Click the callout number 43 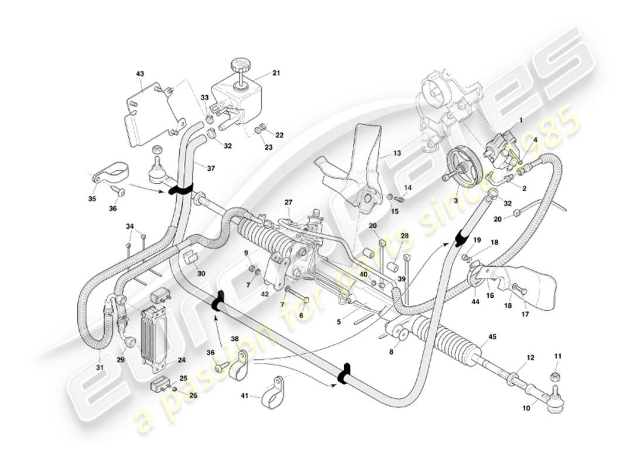[x=139, y=74]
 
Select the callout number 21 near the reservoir [x=276, y=74]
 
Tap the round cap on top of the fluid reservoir [x=239, y=63]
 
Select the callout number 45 [x=492, y=337]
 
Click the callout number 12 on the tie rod [x=530, y=357]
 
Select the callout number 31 [x=100, y=367]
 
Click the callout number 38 [x=235, y=338]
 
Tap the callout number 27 [x=289, y=202]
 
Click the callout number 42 [x=265, y=294]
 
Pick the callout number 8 [x=391, y=352]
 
